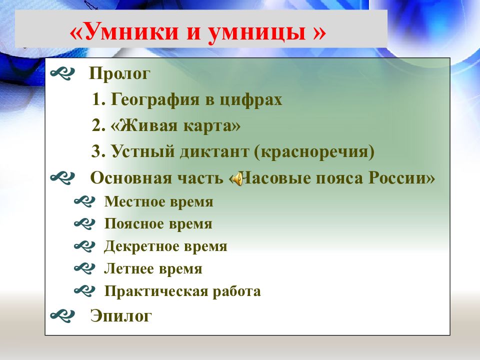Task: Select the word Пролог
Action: coord(119,74)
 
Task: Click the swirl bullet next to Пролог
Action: coord(62,73)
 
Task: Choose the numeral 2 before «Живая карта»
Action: coord(98,125)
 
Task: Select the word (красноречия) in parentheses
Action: coord(314,152)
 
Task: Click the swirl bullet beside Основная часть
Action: coord(62,178)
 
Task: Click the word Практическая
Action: coord(156,291)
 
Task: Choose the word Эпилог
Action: coord(121,316)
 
